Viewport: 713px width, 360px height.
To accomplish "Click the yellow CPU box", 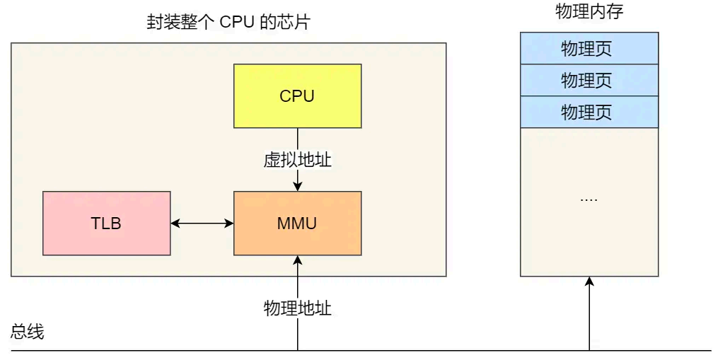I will pos(297,96).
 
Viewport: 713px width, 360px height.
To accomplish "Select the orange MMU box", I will pos(297,223).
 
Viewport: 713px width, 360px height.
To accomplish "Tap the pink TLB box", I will pos(106,223).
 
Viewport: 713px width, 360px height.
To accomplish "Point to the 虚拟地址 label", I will pos(297,161).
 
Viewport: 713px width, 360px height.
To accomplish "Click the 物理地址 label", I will pos(297,308).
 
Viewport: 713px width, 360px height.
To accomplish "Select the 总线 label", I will pos(28,332).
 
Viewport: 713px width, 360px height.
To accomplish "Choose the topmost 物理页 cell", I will pos(589,49).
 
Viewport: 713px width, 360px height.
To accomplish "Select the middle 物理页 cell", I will pos(589,81).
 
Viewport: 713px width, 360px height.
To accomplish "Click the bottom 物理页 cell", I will pos(589,112).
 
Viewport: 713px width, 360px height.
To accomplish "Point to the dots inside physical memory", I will pos(589,199).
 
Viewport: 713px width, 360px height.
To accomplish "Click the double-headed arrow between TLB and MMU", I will pos(202,223).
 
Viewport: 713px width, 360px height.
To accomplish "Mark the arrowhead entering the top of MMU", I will pos(297,186).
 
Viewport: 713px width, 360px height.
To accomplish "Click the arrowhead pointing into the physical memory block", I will pos(589,281).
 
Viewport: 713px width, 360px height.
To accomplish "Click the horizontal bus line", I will pos(424,349).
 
